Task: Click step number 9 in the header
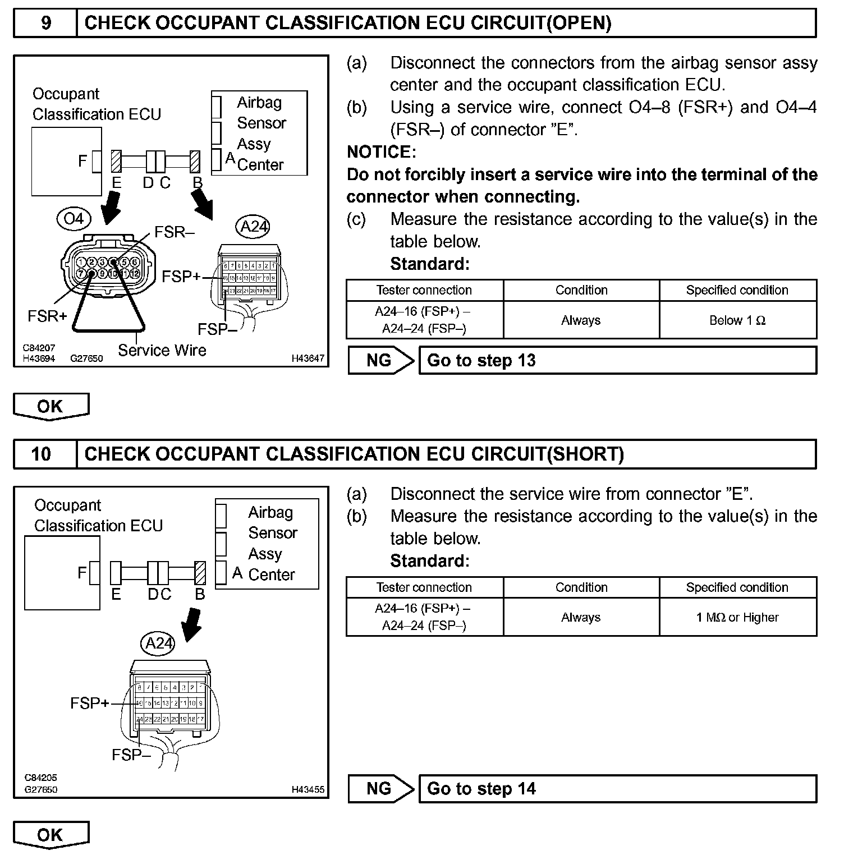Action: click(x=46, y=23)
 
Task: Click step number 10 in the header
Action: click(x=42, y=454)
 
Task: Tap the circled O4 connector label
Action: click(x=74, y=218)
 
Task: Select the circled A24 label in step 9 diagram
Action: click(x=254, y=226)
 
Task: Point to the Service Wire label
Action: click(x=162, y=350)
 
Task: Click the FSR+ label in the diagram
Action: click(x=47, y=316)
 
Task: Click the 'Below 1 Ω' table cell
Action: click(x=737, y=320)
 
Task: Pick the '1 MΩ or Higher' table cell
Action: click(x=737, y=617)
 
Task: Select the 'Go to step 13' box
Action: click(x=617, y=360)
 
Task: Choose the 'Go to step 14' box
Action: click(x=617, y=789)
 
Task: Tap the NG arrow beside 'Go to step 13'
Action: click(x=381, y=360)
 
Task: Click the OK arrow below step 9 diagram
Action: click(x=51, y=406)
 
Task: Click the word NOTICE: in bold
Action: click(x=382, y=152)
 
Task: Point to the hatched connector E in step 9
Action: click(x=116, y=161)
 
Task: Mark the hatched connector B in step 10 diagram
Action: click(x=200, y=573)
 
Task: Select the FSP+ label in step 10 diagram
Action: click(x=89, y=703)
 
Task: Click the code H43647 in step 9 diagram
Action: click(x=308, y=358)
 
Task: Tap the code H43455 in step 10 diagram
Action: click(x=308, y=789)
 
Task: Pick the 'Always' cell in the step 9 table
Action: click(x=581, y=320)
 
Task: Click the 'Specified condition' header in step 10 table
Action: click(x=737, y=587)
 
